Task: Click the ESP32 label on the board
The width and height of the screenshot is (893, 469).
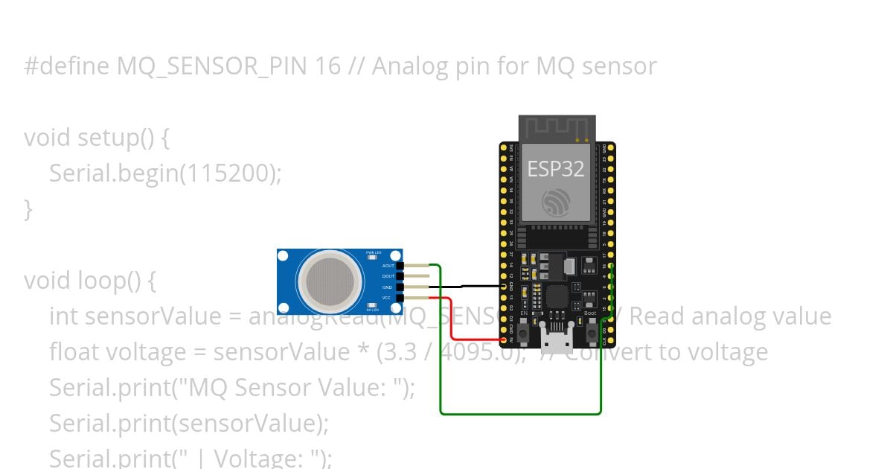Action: (556, 168)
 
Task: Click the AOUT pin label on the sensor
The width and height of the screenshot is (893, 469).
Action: (388, 266)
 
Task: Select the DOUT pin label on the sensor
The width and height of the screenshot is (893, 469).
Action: (388, 276)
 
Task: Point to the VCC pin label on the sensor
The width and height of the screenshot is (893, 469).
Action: (387, 298)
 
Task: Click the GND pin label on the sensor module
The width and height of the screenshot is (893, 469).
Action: (387, 287)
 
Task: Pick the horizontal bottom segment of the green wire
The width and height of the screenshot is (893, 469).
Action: (521, 413)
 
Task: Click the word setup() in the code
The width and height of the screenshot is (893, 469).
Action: (118, 138)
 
